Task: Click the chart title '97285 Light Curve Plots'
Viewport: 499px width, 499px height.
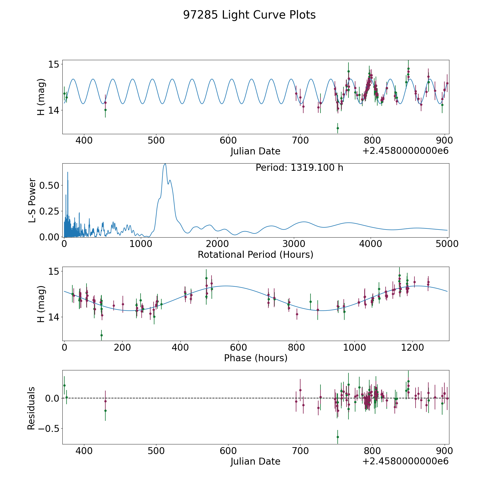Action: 249,15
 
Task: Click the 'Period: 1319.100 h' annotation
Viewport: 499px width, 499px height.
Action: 299,168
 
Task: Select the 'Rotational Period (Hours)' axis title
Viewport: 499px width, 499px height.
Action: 255,254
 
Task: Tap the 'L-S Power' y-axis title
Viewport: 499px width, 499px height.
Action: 32,200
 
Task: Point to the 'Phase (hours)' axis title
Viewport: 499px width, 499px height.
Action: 256,358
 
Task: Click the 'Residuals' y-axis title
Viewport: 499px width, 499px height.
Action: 31,408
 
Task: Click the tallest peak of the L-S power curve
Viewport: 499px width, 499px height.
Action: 165,164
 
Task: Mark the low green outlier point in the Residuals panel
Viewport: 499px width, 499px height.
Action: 338,437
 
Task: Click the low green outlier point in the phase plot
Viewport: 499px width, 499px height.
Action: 101,335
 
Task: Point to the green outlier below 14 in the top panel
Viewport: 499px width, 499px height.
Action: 338,128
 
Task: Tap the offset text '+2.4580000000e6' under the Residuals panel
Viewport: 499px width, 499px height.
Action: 405,461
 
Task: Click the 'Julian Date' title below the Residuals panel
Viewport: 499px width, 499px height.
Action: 255,461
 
